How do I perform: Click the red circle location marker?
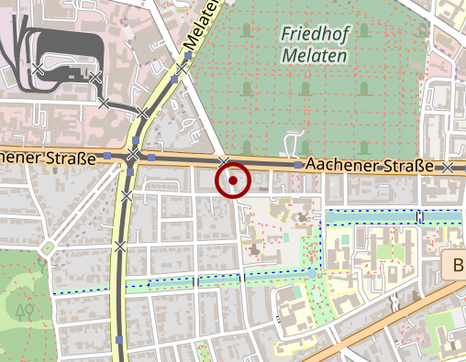click(x=233, y=181)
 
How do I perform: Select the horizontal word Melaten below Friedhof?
click(x=315, y=56)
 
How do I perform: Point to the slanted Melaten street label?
click(x=202, y=26)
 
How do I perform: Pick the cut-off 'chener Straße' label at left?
click(x=48, y=158)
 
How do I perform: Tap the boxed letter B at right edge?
click(x=458, y=267)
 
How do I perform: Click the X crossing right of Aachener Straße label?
click(x=448, y=168)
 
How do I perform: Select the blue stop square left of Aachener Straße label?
click(x=299, y=165)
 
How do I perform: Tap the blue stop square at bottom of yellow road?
click(x=121, y=340)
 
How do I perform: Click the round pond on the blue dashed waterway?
click(x=312, y=273)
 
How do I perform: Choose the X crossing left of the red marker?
click(x=223, y=161)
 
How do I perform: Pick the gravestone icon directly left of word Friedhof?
click(x=245, y=33)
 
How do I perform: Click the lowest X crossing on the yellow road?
click(x=120, y=246)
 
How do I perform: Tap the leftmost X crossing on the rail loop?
click(x=37, y=68)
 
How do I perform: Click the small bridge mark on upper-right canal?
click(x=418, y=216)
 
